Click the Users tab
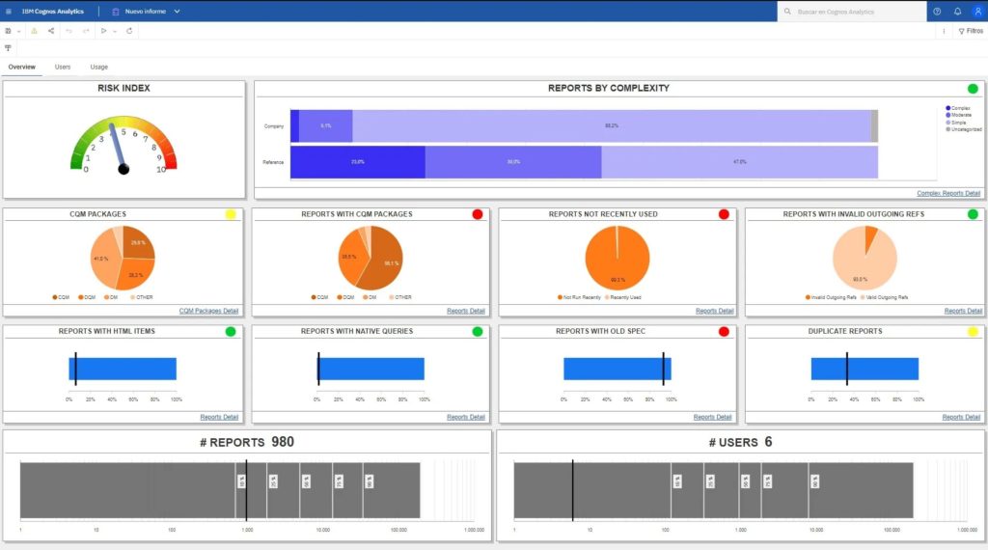(x=63, y=67)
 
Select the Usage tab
(x=99, y=67)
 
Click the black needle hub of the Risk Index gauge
(x=123, y=169)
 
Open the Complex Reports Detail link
(x=948, y=193)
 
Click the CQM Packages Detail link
(x=208, y=311)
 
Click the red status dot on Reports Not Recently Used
(x=724, y=214)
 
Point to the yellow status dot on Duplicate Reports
(x=973, y=332)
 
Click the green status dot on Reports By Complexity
(x=973, y=89)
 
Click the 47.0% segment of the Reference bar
(x=740, y=162)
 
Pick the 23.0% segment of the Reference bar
(x=358, y=162)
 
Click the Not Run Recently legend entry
(x=579, y=297)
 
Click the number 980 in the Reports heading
(x=282, y=442)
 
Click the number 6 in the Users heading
(x=768, y=442)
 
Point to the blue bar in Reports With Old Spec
(x=617, y=369)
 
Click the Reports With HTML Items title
(x=106, y=332)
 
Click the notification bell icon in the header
(x=957, y=12)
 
